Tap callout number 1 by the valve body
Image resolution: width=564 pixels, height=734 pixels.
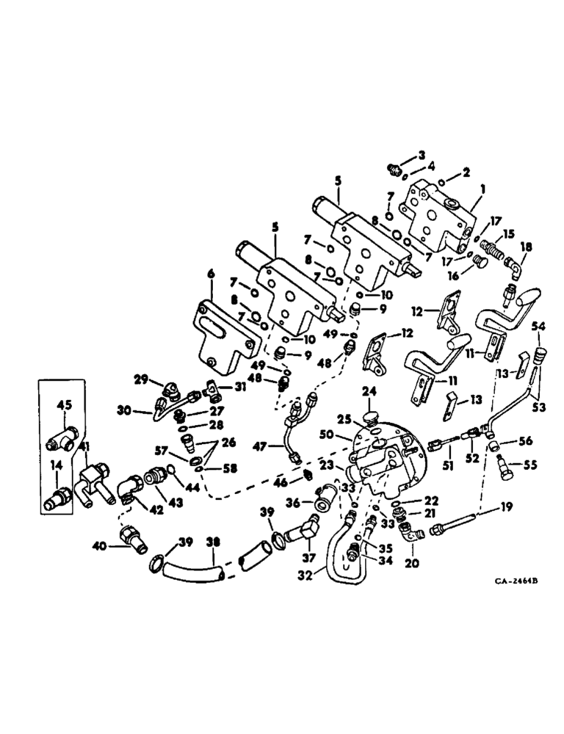tap(482, 189)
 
